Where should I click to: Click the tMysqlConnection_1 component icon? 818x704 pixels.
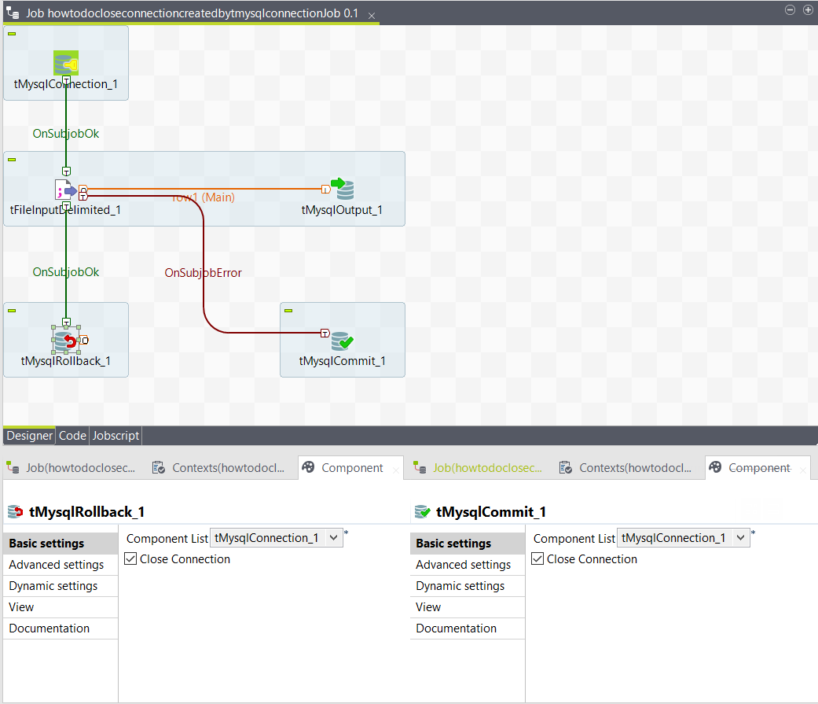[x=66, y=63]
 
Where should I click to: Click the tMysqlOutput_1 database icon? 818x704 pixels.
[x=342, y=189]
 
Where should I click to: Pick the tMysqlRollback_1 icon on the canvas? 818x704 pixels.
[x=67, y=341]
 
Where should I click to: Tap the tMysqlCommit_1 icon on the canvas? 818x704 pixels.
[x=342, y=341]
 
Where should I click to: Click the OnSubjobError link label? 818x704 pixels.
[x=203, y=273]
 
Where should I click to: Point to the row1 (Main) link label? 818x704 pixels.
[x=203, y=197]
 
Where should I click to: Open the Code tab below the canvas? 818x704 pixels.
[x=72, y=435]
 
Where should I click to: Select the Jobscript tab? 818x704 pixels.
[x=116, y=435]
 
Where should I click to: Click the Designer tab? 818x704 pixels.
[x=30, y=435]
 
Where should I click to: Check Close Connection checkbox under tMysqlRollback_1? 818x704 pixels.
[x=131, y=559]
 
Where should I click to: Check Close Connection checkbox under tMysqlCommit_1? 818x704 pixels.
[x=538, y=559]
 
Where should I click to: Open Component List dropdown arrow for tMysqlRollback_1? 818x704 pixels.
[x=334, y=538]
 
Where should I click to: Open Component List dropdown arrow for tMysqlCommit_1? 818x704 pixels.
[x=741, y=538]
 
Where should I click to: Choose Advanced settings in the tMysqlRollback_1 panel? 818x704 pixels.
[x=57, y=565]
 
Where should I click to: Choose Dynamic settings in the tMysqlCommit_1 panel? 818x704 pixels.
[x=460, y=586]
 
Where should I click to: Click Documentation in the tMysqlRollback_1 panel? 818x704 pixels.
[x=50, y=628]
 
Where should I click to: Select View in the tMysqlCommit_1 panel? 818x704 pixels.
[x=428, y=607]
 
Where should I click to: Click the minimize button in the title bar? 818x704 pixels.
[x=790, y=9]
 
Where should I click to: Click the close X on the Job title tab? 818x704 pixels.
[x=372, y=16]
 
